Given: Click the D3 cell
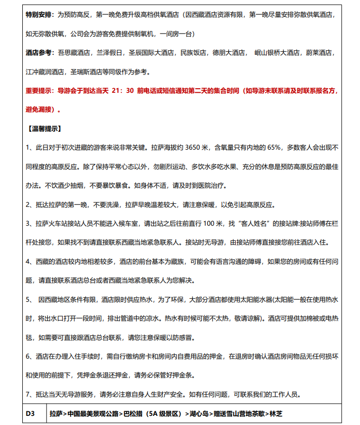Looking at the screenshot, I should [x=30, y=414].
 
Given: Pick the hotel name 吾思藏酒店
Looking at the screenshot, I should [x=74, y=52].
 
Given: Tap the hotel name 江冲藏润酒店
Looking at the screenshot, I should [x=45, y=71].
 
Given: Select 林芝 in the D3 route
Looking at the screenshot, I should [x=276, y=414].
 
